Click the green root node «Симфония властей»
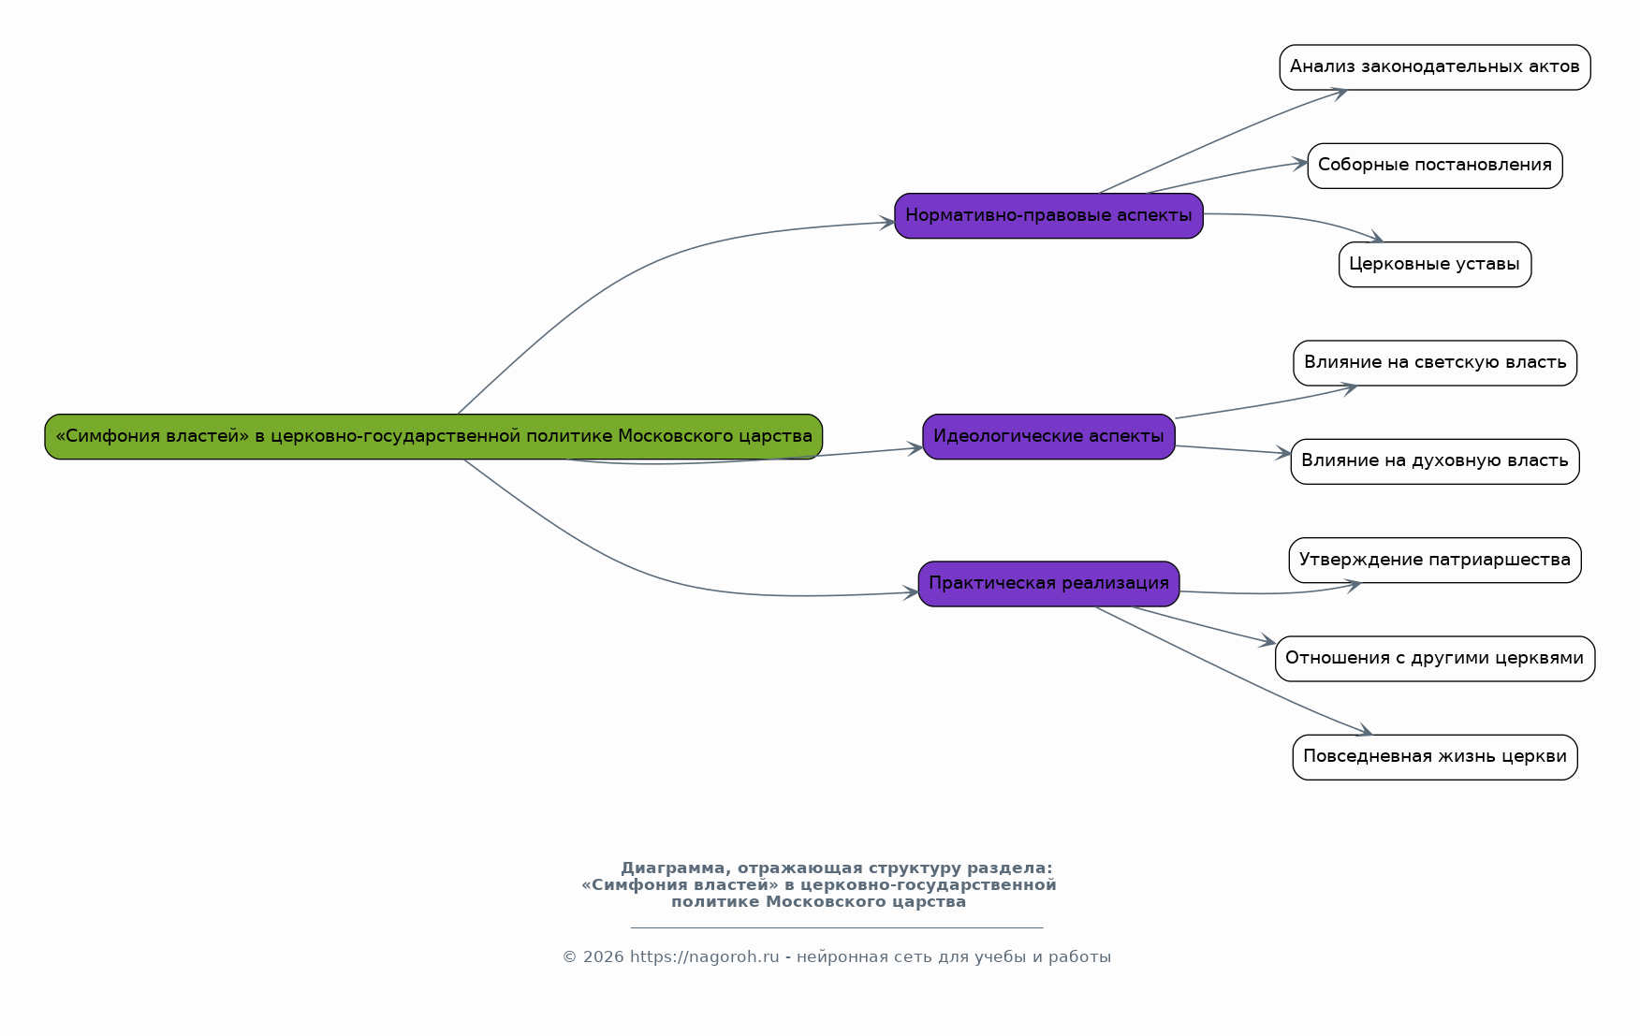[433, 436]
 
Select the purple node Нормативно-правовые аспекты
[1048, 215]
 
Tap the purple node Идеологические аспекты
[1048, 436]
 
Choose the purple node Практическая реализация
[1048, 584]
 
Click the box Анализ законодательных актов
[1435, 67]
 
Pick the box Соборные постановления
[1435, 166]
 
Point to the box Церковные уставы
[1435, 265]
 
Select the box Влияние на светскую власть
[1435, 363]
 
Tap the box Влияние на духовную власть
[1435, 461]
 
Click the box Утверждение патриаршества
[1435, 561]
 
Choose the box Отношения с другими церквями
[1435, 659]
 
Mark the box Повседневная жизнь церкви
[1435, 757]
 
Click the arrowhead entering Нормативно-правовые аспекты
[886, 223]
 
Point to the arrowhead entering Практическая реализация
[910, 592]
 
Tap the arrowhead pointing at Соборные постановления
[1299, 163]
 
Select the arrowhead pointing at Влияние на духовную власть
[1282, 453]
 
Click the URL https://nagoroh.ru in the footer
[704, 956]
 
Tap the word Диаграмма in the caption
[672, 868]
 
